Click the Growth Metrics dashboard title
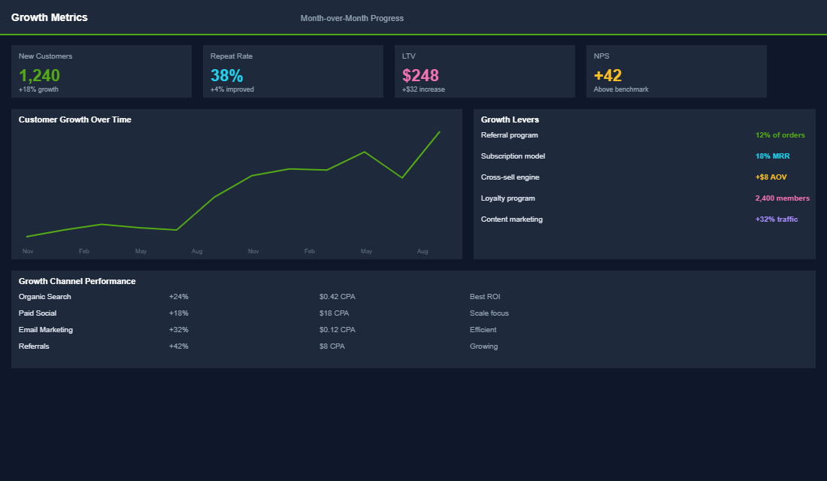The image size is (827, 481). point(49,17)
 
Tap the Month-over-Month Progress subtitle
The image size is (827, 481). point(352,18)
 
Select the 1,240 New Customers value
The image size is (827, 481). point(39,75)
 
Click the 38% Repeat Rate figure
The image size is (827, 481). point(226,75)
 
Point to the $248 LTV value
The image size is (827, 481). point(420,75)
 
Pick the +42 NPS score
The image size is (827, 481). point(607,75)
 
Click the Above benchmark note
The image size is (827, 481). point(621,89)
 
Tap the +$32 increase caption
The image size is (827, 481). point(423,89)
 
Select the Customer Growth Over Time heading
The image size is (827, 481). point(75,119)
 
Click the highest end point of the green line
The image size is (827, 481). point(439,132)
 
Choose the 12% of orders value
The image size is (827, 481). point(780,135)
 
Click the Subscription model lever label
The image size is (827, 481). point(513,156)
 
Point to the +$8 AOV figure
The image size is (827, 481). point(771,177)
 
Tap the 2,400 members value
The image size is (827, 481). point(782,198)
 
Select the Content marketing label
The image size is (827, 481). point(511,219)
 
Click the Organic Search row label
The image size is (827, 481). point(45,297)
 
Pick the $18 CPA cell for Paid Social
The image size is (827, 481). point(335,313)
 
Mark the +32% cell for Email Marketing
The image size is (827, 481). point(179,330)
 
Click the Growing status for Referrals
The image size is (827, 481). point(483,346)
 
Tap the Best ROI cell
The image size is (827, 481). point(485,297)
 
